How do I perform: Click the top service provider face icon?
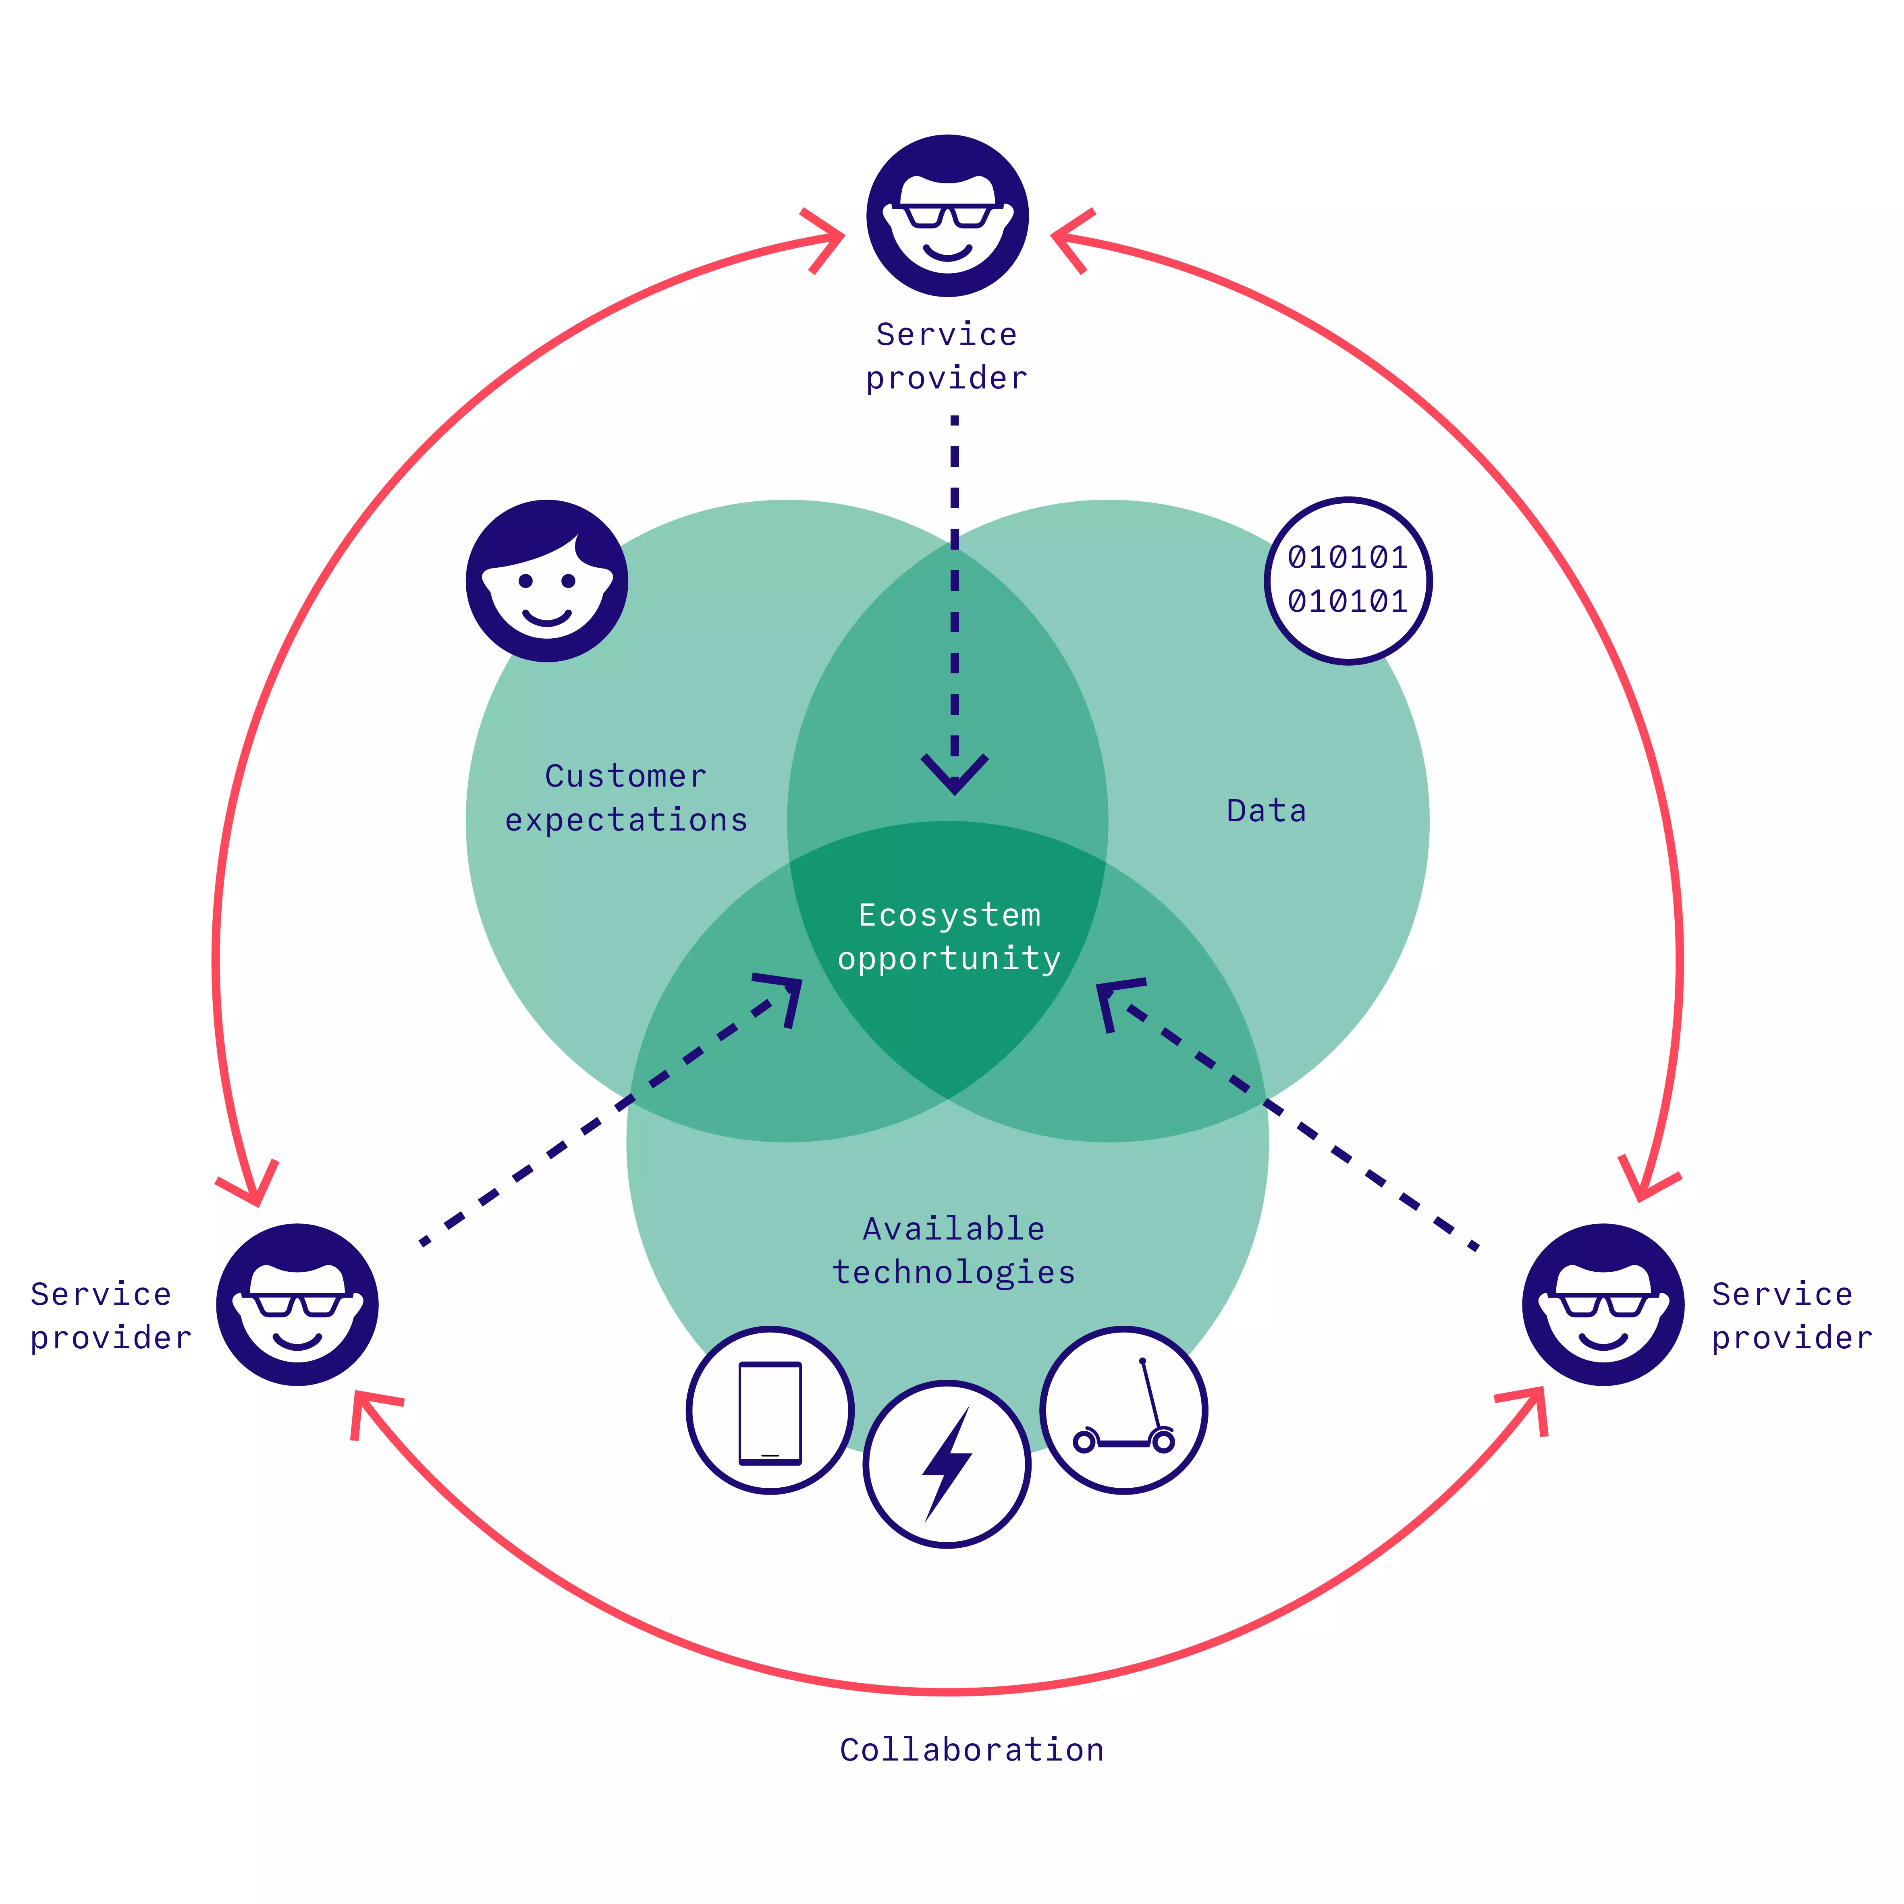click(947, 216)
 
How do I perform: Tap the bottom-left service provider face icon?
click(298, 1305)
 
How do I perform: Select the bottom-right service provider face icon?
click(1603, 1305)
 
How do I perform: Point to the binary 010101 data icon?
click(1348, 580)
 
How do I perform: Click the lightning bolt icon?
click(947, 1464)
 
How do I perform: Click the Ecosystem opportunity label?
click(949, 936)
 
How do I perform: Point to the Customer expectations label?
click(627, 797)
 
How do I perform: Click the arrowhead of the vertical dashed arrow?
click(954, 774)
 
